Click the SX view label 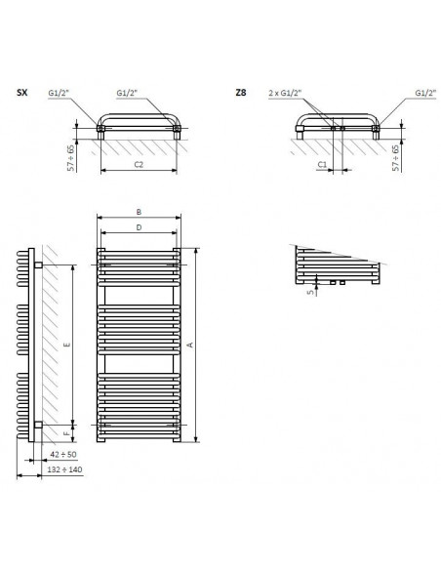(x=22, y=93)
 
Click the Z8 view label (x=241, y=93)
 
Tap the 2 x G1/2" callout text (x=286, y=93)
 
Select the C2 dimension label (x=139, y=164)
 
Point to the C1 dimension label (x=322, y=165)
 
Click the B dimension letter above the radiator (x=139, y=212)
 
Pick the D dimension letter (x=139, y=227)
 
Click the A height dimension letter (x=190, y=345)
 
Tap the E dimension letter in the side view (x=67, y=345)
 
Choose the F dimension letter (x=66, y=433)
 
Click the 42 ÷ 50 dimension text (x=63, y=454)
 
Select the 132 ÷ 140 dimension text (x=64, y=469)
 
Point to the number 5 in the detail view (x=310, y=292)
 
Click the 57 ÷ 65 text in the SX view (x=71, y=158)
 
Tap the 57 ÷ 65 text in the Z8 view (x=396, y=158)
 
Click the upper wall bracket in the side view (x=38, y=265)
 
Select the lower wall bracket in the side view (x=38, y=425)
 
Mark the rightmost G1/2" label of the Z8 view (x=425, y=93)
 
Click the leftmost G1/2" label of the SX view (x=59, y=93)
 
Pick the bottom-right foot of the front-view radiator (x=177, y=439)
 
